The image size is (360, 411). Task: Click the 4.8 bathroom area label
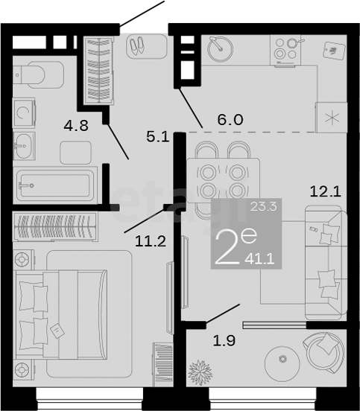pos(76,126)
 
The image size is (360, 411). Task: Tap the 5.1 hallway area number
pos(158,137)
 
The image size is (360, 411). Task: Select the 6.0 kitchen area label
pos(230,120)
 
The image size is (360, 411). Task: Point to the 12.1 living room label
pos(326,191)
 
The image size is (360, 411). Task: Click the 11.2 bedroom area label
pos(151,241)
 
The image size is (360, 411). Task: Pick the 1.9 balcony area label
pos(224,341)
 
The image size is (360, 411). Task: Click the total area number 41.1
pos(259,260)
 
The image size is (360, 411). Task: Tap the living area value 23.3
pos(263,206)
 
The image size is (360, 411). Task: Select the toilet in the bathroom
pos(39,74)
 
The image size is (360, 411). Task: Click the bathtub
pos(55,185)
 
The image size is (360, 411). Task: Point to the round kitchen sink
pos(220,49)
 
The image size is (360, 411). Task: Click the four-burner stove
pos(285,51)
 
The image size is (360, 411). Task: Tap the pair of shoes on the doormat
pos(137,45)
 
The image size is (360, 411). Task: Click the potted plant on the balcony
pos(200,372)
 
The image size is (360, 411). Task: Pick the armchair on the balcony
pos(323,352)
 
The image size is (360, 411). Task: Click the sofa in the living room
pos(326,263)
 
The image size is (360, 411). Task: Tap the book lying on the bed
pos(57,331)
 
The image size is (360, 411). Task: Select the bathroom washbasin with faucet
pos(24,146)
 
